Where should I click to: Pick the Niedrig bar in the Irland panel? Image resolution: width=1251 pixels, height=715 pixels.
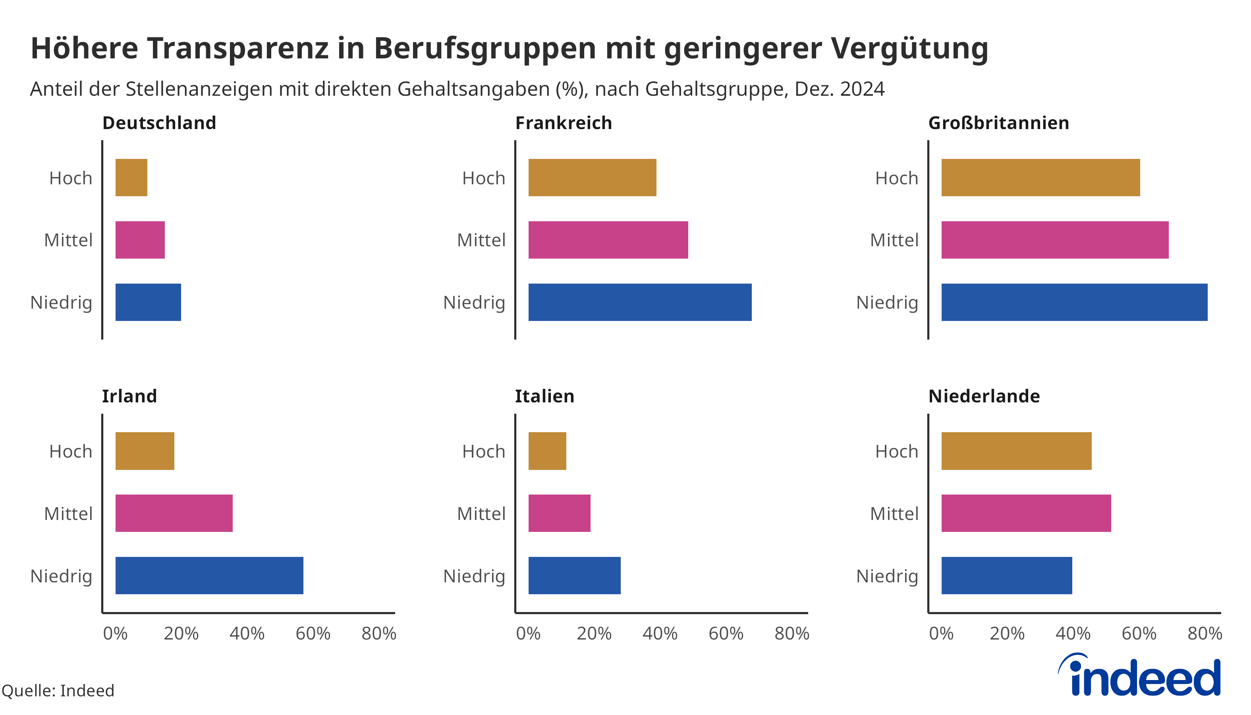click(x=209, y=575)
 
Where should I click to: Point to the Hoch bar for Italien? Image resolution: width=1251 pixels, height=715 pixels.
click(x=547, y=451)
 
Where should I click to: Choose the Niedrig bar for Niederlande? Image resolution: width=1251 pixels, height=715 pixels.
click(x=1006, y=575)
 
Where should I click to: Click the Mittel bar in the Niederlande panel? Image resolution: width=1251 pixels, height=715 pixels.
click(x=1026, y=513)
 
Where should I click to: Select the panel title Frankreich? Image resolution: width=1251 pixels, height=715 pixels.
click(x=563, y=123)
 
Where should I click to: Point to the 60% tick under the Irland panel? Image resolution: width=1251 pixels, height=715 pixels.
click(x=313, y=634)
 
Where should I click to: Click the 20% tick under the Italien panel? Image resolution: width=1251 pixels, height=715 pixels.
click(x=594, y=634)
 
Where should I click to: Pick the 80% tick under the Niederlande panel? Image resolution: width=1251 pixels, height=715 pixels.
click(x=1205, y=634)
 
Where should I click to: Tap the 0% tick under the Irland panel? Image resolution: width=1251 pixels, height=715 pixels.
click(x=116, y=634)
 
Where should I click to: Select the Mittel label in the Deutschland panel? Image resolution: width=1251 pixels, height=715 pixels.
click(x=68, y=240)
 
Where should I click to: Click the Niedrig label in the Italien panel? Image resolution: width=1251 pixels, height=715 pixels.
click(x=474, y=576)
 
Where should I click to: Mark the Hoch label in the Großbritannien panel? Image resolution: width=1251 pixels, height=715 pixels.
click(x=896, y=178)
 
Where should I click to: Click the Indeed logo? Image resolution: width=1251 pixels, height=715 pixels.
click(x=1139, y=675)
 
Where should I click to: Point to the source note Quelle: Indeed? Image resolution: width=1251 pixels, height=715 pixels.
click(x=58, y=690)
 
